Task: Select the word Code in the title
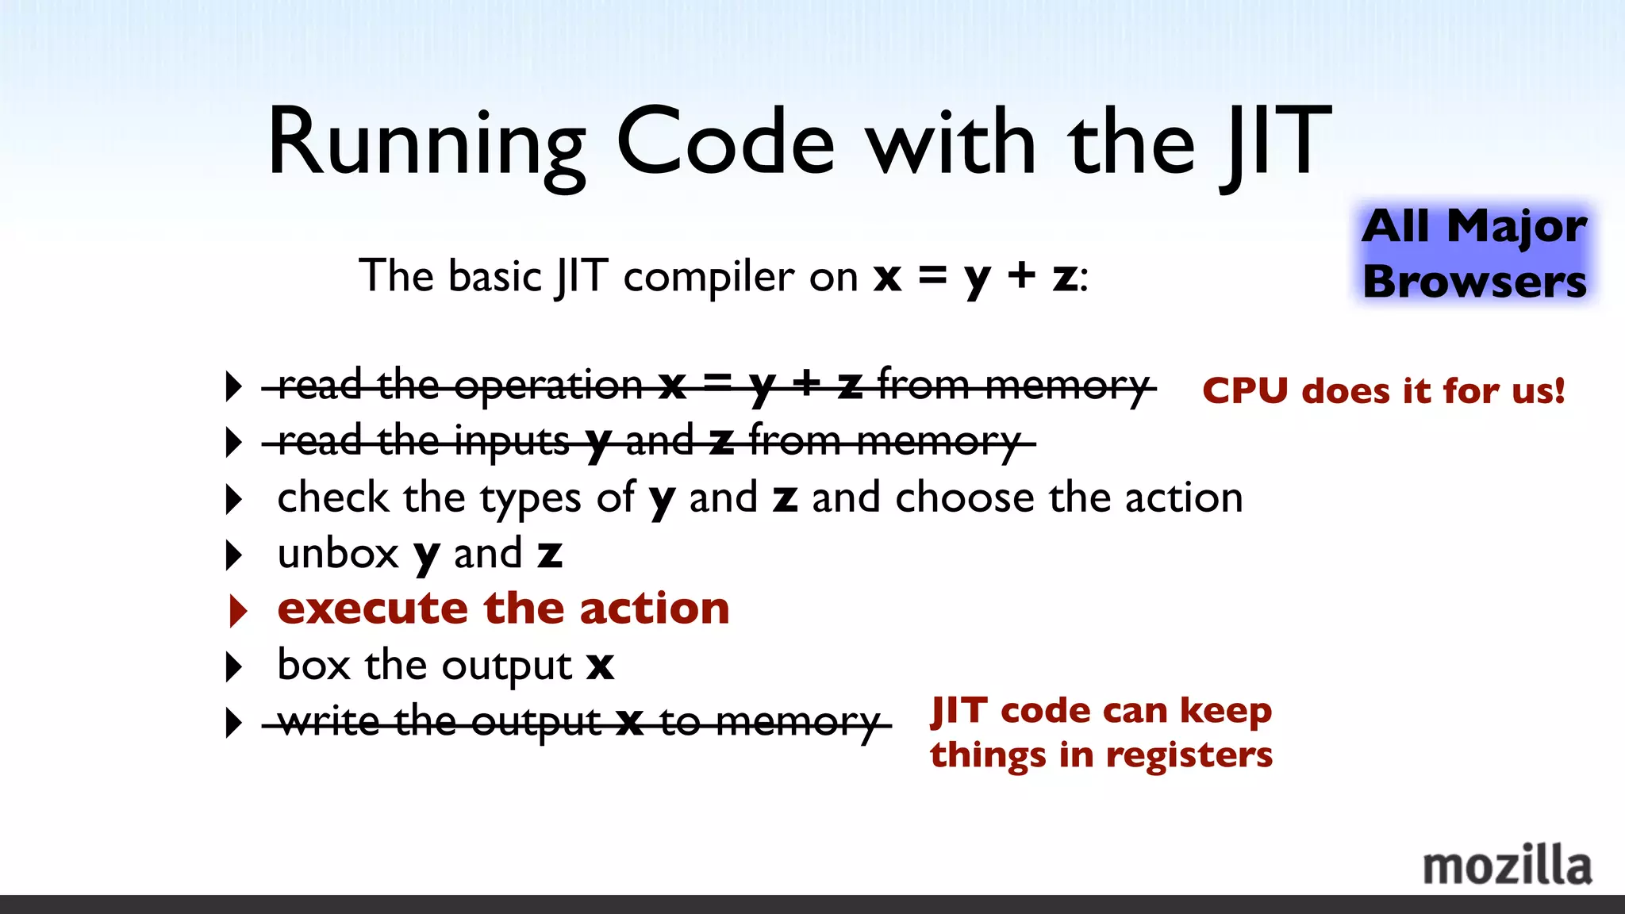click(x=725, y=143)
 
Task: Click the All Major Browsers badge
click(x=1474, y=254)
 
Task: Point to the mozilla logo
click(x=1507, y=866)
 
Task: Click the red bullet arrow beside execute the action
click(x=236, y=611)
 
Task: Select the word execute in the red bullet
click(x=371, y=609)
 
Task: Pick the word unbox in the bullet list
click(x=338, y=554)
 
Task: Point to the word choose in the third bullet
click(x=964, y=498)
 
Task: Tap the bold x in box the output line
click(x=601, y=666)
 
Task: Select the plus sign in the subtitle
click(x=1021, y=275)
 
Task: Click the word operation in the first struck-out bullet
click(x=547, y=386)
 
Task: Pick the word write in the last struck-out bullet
click(x=328, y=721)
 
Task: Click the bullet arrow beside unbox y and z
click(x=233, y=555)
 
